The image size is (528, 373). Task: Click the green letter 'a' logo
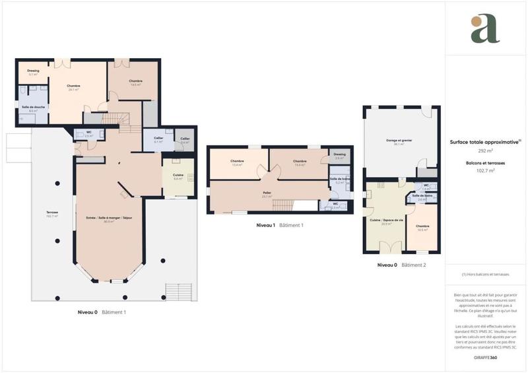point(485,28)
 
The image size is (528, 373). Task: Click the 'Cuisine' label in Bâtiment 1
point(178,176)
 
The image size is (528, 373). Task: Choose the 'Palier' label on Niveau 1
point(267,194)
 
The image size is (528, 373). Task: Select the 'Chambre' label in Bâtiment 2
point(422,226)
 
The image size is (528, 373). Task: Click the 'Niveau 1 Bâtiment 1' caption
point(280,225)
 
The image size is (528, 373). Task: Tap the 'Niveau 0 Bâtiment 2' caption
point(401,265)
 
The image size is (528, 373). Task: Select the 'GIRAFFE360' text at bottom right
point(485,357)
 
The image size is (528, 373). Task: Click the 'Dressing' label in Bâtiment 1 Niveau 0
point(33,71)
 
